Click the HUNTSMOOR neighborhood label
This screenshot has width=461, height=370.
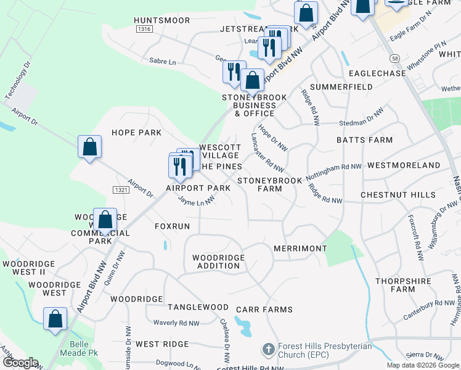tap(161, 20)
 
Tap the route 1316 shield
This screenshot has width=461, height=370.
tap(144, 29)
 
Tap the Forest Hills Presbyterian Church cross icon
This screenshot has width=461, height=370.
tap(268, 350)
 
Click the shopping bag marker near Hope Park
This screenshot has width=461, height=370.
tap(89, 147)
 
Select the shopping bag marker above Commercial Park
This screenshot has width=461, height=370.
tap(105, 219)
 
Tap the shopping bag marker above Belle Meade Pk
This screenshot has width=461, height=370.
tap(55, 319)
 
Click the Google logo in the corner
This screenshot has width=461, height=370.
tap(20, 363)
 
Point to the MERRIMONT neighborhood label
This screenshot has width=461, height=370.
tap(300, 248)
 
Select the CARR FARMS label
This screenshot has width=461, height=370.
tap(267, 309)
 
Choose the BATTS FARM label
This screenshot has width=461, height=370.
tap(364, 140)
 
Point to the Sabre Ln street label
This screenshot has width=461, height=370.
tap(163, 62)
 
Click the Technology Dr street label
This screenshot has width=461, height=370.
tap(18, 81)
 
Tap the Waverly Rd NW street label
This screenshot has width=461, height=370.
tap(176, 323)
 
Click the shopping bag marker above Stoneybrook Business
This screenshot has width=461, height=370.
tap(251, 80)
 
